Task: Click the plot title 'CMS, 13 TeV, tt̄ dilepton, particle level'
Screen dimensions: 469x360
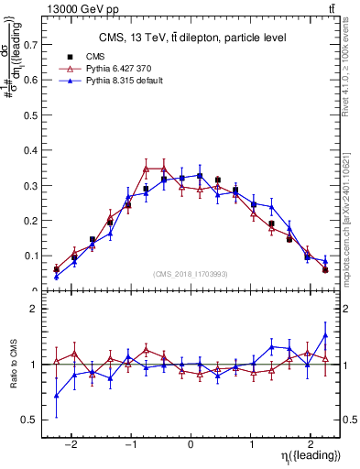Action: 192,38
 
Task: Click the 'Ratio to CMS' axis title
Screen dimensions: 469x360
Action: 12,365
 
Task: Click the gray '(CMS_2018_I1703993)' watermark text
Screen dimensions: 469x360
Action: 191,273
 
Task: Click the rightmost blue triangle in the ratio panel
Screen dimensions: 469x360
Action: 325,335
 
